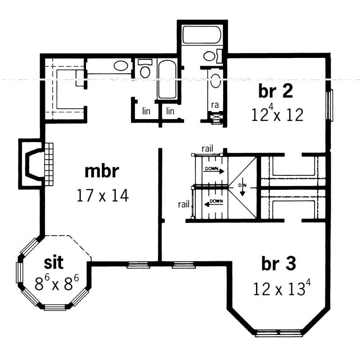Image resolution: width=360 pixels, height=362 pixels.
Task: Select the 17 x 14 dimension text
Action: click(x=103, y=196)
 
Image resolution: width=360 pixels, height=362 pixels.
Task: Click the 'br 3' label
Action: click(x=279, y=264)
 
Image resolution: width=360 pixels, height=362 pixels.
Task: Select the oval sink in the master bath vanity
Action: click(x=120, y=66)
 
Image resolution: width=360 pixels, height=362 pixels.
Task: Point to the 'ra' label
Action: click(x=215, y=105)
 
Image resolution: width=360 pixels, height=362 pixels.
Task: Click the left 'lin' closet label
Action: click(x=146, y=111)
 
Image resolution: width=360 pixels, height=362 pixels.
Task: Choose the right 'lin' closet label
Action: click(x=170, y=111)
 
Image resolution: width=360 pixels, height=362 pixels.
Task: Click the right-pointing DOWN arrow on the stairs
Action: click(x=214, y=170)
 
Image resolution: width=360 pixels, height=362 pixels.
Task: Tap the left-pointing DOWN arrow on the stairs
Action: click(x=214, y=203)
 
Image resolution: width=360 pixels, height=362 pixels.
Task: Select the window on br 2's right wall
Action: click(x=330, y=105)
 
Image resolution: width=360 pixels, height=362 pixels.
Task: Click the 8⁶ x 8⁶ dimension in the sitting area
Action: click(x=57, y=283)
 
